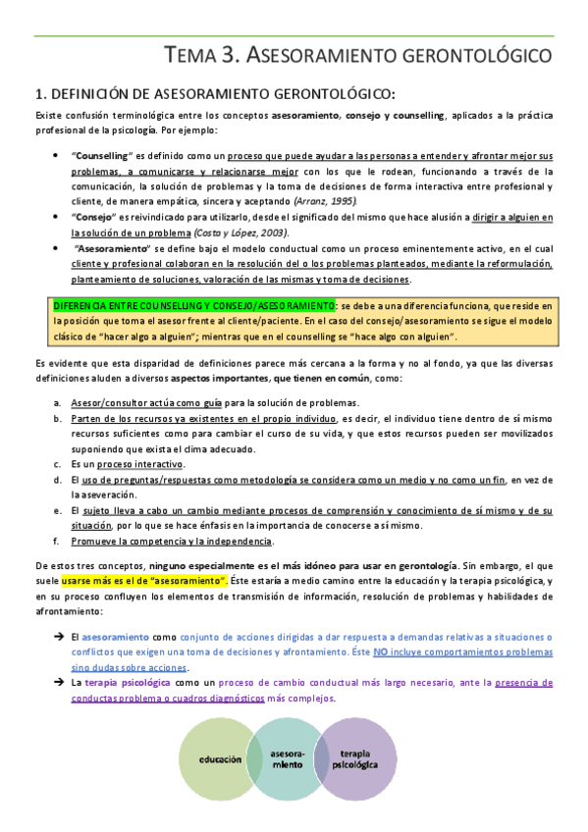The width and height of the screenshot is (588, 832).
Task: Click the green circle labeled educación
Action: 222,759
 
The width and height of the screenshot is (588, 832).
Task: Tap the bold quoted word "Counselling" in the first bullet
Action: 102,156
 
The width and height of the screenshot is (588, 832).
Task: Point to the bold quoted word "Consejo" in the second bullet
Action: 95,218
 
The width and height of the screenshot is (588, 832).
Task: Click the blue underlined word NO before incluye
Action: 379,623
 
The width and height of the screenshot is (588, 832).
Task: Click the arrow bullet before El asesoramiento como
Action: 59,609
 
